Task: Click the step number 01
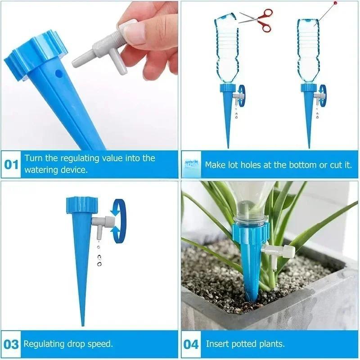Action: pyautogui.click(x=12, y=164)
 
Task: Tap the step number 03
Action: pyautogui.click(x=12, y=344)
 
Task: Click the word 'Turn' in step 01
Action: pyautogui.click(x=33, y=158)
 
